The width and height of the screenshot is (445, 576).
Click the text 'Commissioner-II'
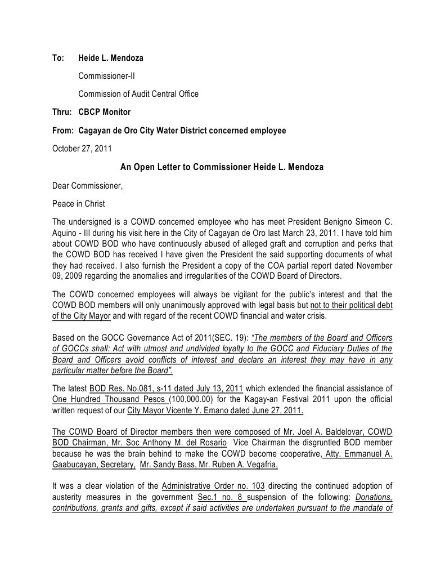[x=106, y=76]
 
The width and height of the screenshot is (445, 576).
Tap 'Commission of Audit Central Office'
[x=138, y=94]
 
